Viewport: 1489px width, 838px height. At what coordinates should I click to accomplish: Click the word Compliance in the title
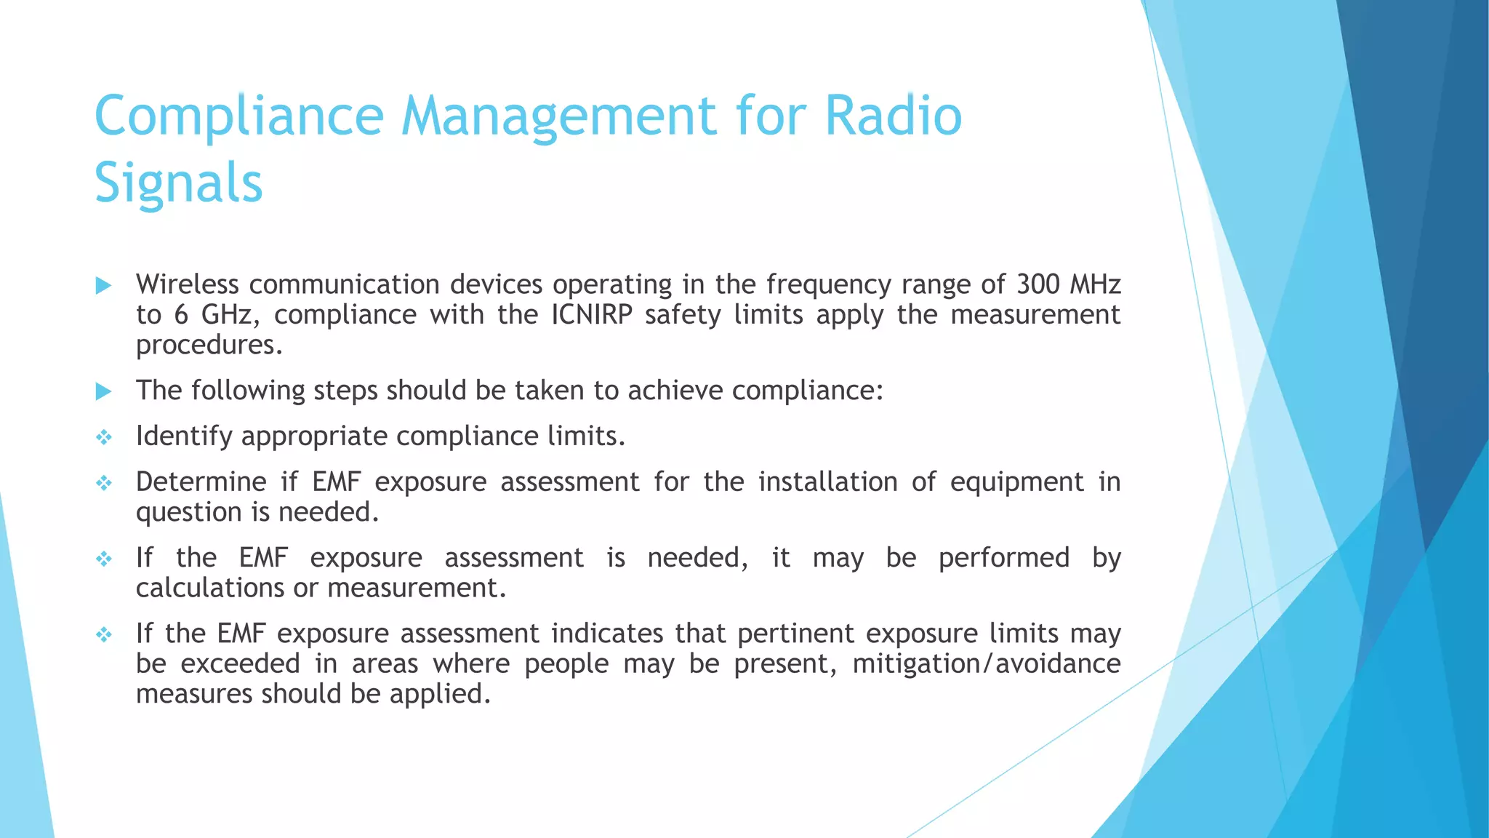pos(238,116)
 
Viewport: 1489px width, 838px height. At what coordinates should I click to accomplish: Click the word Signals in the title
pos(178,183)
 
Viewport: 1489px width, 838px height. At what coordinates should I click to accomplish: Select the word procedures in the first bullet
pos(209,345)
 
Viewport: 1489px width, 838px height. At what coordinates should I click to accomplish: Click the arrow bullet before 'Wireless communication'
pos(103,285)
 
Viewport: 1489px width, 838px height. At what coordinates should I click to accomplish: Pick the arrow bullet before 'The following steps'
pos(103,391)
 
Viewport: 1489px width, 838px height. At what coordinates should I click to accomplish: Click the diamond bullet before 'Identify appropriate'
pos(103,437)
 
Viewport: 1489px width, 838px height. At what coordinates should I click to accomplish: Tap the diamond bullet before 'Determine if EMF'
pos(103,483)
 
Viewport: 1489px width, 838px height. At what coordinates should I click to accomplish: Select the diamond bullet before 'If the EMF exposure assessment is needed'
pos(103,559)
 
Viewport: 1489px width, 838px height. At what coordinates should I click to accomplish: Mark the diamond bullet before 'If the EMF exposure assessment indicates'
pos(103,634)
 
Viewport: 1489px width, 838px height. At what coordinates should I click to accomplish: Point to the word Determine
pos(201,482)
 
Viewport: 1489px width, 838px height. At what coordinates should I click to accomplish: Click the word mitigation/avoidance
pos(986,664)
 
